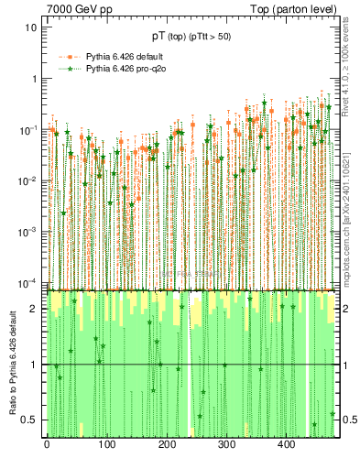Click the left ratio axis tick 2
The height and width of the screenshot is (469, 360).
35,309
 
